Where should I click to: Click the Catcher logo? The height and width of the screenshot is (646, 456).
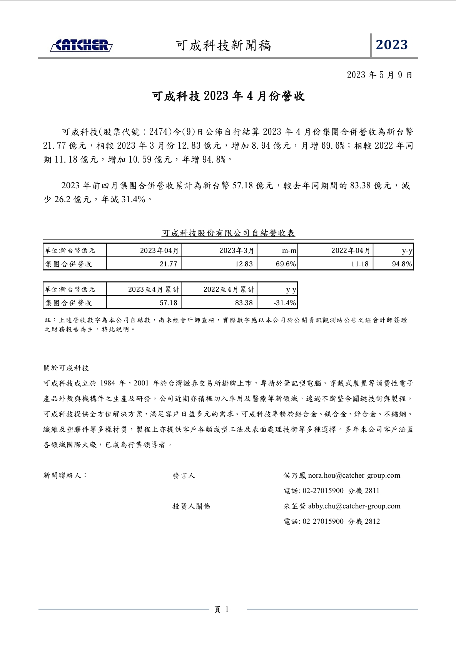[x=81, y=45]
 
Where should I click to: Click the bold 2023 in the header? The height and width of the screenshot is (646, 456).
[x=392, y=45]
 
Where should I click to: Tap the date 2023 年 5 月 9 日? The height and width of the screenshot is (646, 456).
[x=379, y=75]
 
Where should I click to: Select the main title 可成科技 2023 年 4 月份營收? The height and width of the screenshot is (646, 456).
[x=229, y=96]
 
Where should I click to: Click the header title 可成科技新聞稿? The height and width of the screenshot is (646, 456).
[x=224, y=46]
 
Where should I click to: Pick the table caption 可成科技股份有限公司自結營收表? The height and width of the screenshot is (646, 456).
[x=228, y=233]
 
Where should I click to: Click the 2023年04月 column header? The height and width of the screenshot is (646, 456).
[x=159, y=251]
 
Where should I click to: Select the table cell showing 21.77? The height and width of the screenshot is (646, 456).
[x=169, y=264]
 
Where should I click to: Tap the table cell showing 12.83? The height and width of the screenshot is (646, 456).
[x=244, y=264]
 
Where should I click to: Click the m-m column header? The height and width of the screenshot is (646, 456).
[x=289, y=251]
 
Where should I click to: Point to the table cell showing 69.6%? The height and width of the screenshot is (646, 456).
[x=286, y=264]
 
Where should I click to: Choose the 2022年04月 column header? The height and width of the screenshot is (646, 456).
[x=351, y=251]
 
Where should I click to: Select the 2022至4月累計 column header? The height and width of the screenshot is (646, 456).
[x=229, y=289]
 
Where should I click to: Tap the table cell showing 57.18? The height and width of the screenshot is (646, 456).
[x=169, y=303]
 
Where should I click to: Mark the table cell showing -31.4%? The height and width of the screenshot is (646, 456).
[x=285, y=303]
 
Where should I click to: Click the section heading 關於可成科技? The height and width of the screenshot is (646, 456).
[x=66, y=368]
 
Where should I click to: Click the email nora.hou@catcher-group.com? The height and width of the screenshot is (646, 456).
[x=354, y=475]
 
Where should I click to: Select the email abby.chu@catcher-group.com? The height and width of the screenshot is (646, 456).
[x=354, y=506]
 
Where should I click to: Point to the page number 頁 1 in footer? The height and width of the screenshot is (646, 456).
[x=222, y=609]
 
